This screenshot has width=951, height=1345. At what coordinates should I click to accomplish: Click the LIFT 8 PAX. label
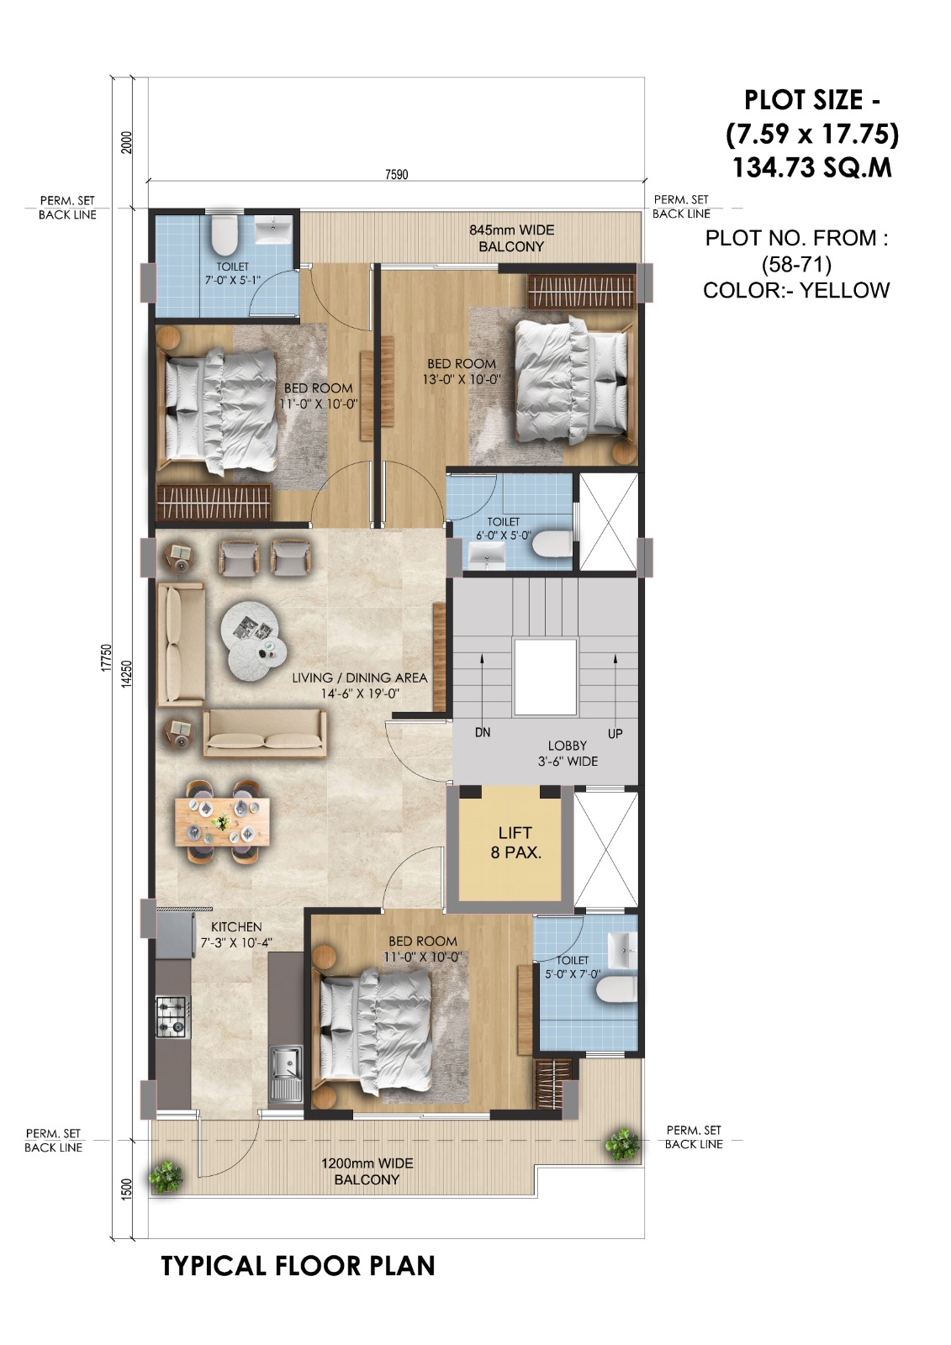point(515,842)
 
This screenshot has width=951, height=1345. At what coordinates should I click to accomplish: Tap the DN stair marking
point(482,732)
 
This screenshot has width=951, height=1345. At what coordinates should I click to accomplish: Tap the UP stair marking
point(615,733)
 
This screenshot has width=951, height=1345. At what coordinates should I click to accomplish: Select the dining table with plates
point(222,820)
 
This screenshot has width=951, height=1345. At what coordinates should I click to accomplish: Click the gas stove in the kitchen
point(172,1015)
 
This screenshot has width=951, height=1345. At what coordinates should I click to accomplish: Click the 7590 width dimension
point(396,174)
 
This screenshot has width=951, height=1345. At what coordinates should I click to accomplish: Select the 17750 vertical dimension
point(106,657)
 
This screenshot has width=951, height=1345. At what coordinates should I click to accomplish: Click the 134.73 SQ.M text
point(811,167)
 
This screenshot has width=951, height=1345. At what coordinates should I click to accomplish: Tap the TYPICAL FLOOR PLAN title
point(298,1266)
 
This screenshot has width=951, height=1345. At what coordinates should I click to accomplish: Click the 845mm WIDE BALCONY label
point(511,238)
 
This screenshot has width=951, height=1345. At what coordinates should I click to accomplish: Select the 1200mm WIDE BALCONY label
point(367,1171)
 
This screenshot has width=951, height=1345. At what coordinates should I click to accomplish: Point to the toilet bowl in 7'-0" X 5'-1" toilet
point(225,235)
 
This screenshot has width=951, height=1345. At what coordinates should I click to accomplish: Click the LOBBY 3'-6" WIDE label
point(568,753)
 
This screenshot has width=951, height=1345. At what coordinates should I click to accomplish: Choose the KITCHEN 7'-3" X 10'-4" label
point(236,935)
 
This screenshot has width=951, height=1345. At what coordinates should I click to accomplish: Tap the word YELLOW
point(844,290)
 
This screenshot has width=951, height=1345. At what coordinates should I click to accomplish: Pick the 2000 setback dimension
point(126,141)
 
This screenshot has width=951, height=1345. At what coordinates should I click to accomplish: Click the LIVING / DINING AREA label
point(359,685)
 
